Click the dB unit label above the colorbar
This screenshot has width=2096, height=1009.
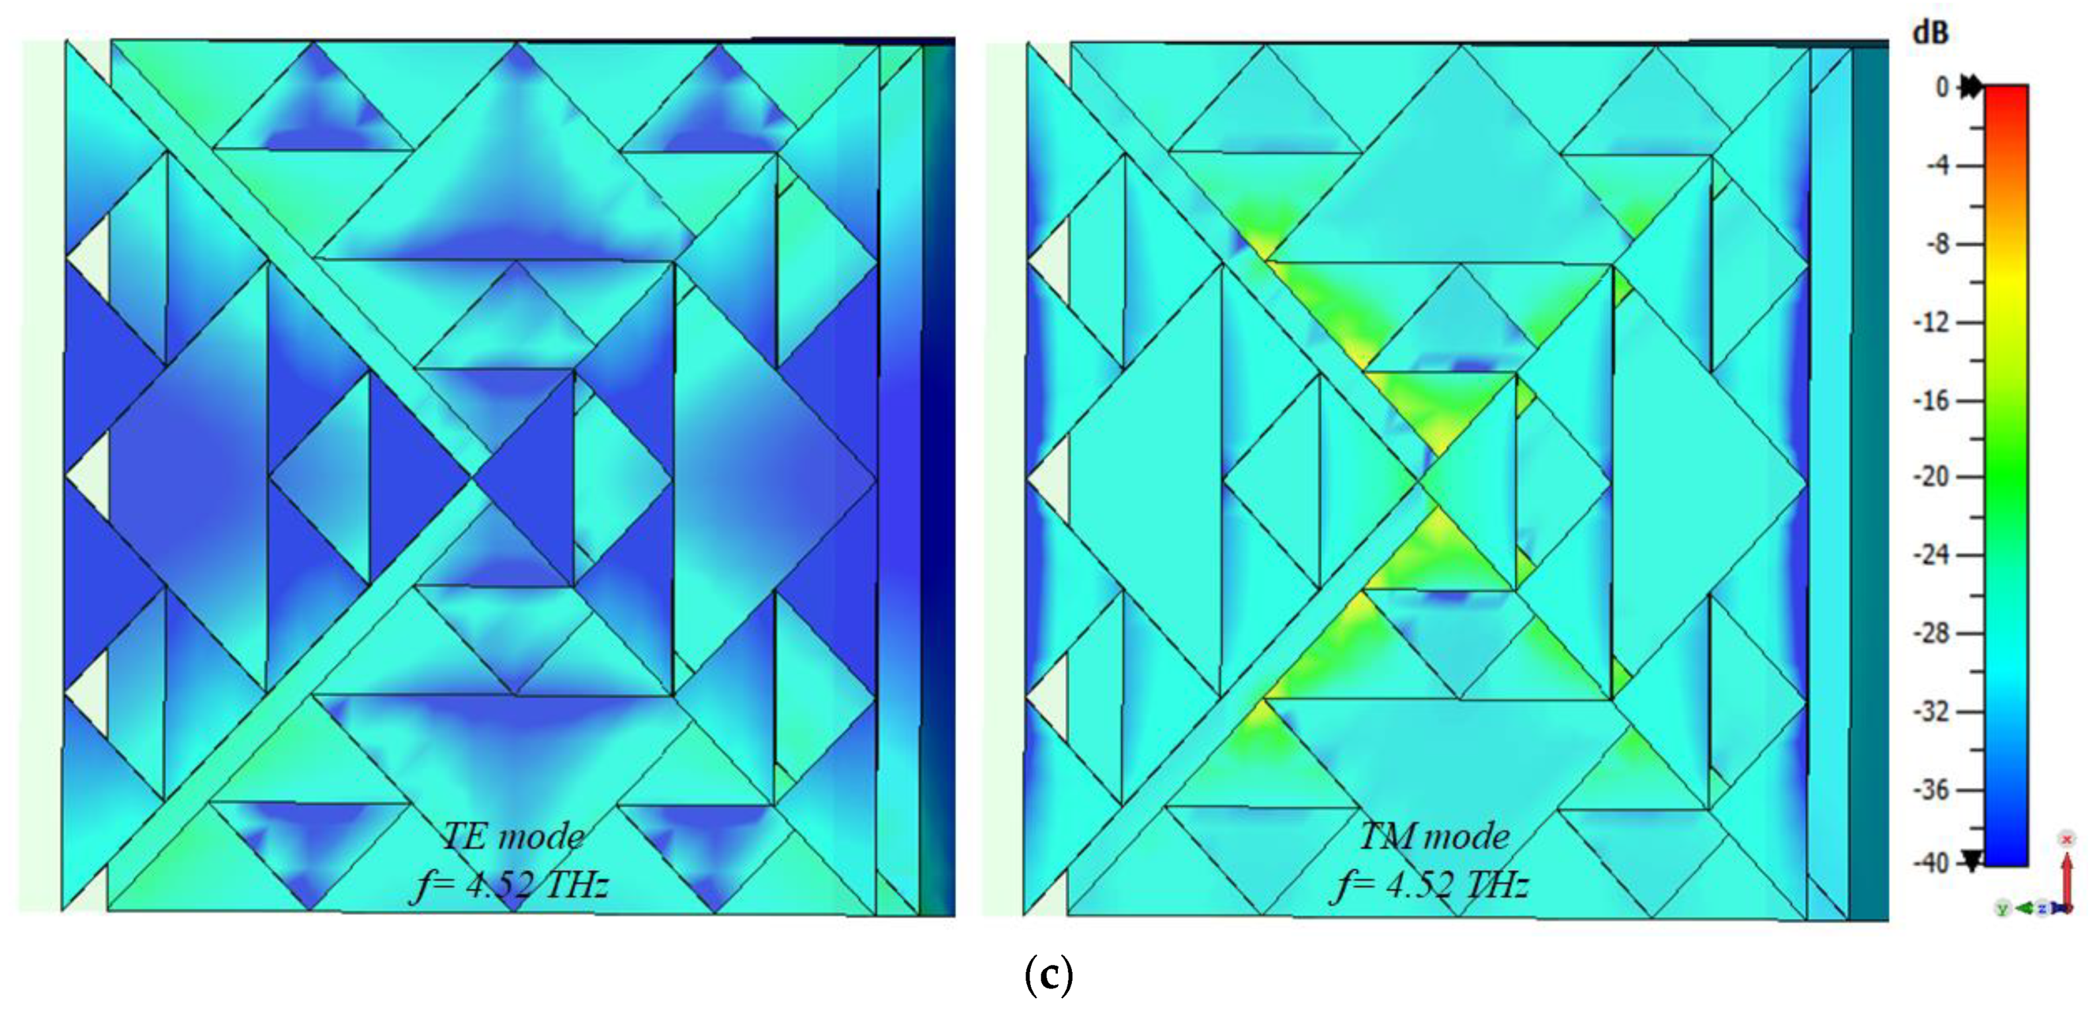coord(1931,32)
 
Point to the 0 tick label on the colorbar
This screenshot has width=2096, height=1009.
coord(1943,87)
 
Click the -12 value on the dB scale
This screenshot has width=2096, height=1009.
coord(1932,322)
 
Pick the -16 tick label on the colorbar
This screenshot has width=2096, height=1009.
coord(1932,400)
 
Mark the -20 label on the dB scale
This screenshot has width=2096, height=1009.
coord(1932,477)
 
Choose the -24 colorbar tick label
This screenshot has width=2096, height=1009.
coord(1932,555)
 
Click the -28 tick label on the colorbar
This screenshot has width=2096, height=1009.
coord(1932,633)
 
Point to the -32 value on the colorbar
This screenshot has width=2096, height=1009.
coord(1932,712)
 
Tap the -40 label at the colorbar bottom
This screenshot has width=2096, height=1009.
coord(1932,863)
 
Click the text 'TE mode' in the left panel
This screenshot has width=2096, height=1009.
coord(513,836)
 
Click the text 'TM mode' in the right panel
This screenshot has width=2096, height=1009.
coord(1434,836)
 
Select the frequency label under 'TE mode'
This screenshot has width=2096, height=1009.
coord(511,885)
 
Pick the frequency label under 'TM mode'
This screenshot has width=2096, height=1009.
coord(1432,885)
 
